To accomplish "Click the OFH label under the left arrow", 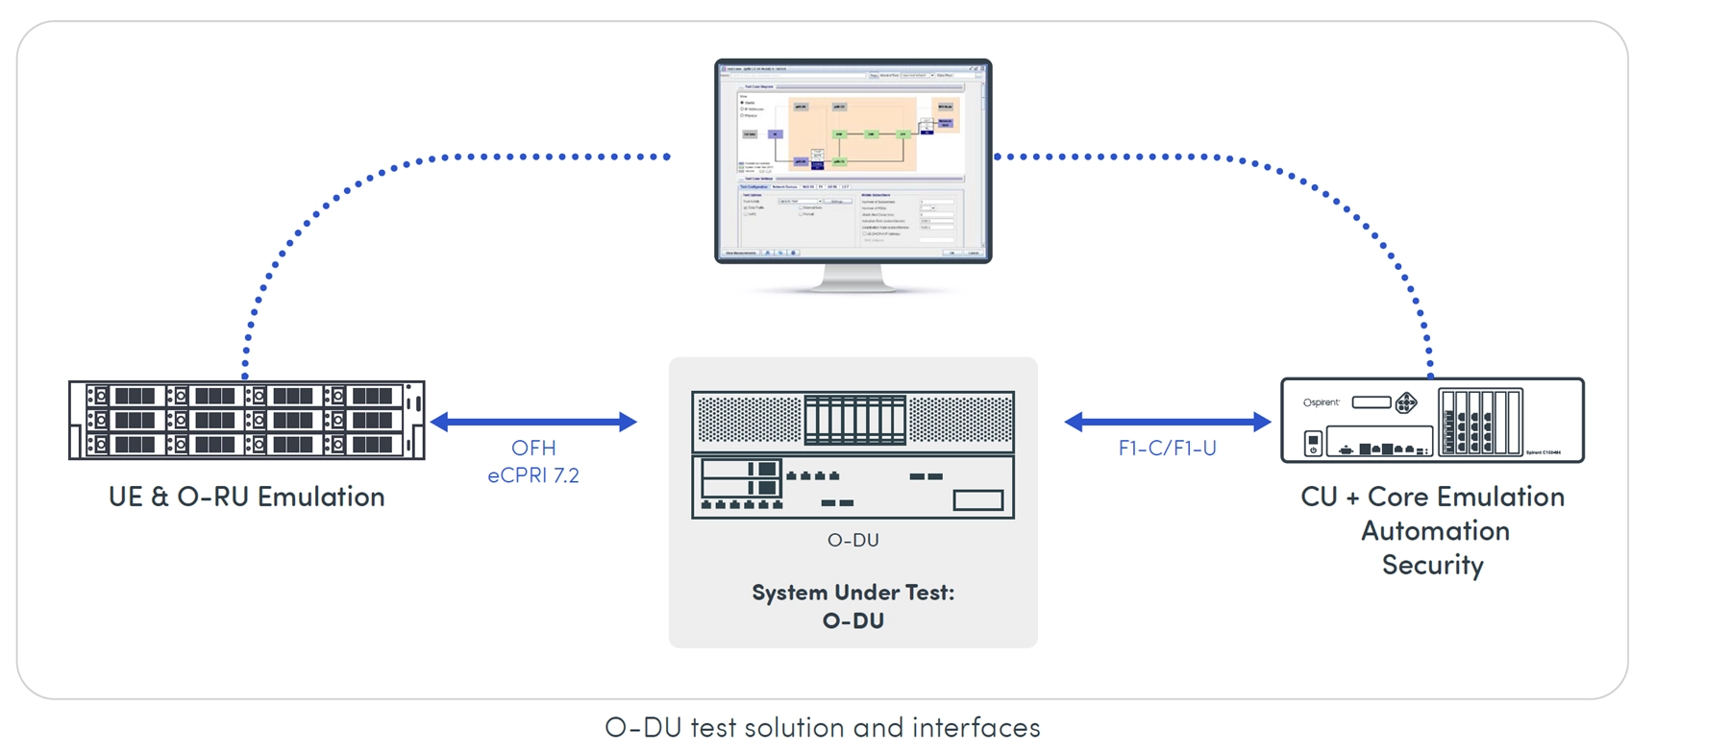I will (x=533, y=448).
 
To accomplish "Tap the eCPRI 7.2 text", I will (x=533, y=475).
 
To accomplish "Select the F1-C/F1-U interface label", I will (x=1167, y=448).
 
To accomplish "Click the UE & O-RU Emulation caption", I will (x=247, y=497).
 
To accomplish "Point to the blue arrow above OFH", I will (x=533, y=421).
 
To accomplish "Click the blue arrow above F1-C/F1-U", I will (x=1167, y=421).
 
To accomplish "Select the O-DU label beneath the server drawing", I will (x=853, y=540).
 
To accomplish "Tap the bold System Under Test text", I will (x=853, y=593).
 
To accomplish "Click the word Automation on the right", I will (x=1434, y=531).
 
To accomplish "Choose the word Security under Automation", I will (x=1432, y=565).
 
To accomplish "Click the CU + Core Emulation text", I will (x=1432, y=497).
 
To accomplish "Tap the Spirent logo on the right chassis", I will (x=1321, y=402).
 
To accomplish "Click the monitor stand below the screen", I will (x=853, y=278).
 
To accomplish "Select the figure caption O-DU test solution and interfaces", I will (x=823, y=727).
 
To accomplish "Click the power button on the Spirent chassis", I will (x=1313, y=443).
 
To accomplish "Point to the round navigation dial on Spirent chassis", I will (x=1405, y=402).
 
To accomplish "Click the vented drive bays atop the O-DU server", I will (x=854, y=420).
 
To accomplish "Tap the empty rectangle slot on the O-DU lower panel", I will (x=977, y=500).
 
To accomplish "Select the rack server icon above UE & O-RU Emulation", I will (x=247, y=420).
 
